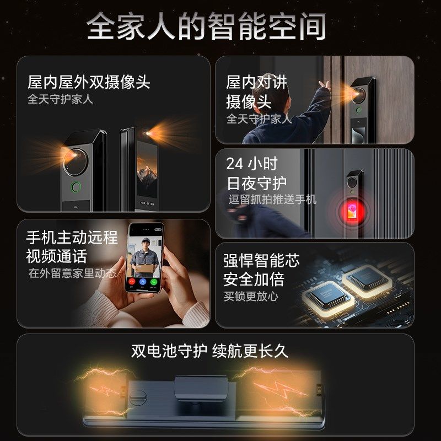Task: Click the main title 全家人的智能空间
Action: click(206, 26)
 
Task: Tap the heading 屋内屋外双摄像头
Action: click(89, 83)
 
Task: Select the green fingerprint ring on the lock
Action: click(76, 186)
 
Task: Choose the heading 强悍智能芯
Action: click(261, 260)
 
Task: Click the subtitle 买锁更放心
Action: click(251, 296)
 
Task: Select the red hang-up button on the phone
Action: click(132, 281)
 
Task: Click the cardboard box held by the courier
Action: click(143, 268)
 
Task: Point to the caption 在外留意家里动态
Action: click(73, 273)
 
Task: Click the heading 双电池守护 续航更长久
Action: click(209, 351)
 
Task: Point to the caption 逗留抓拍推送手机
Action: click(272, 200)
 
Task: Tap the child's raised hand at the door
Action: click(325, 86)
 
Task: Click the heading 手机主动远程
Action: click(72, 238)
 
